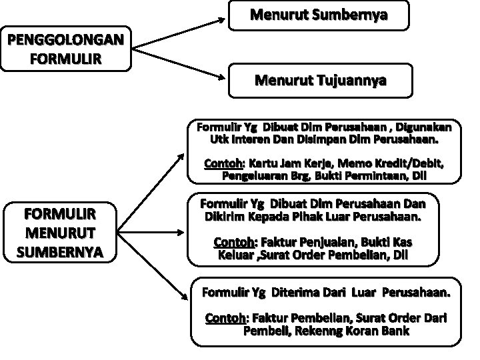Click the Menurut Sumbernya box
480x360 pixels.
tap(319, 15)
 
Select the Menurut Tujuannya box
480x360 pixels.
tap(319, 81)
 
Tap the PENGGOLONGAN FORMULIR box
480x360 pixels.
tap(65, 49)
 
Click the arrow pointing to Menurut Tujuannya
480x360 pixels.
tap(180, 65)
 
